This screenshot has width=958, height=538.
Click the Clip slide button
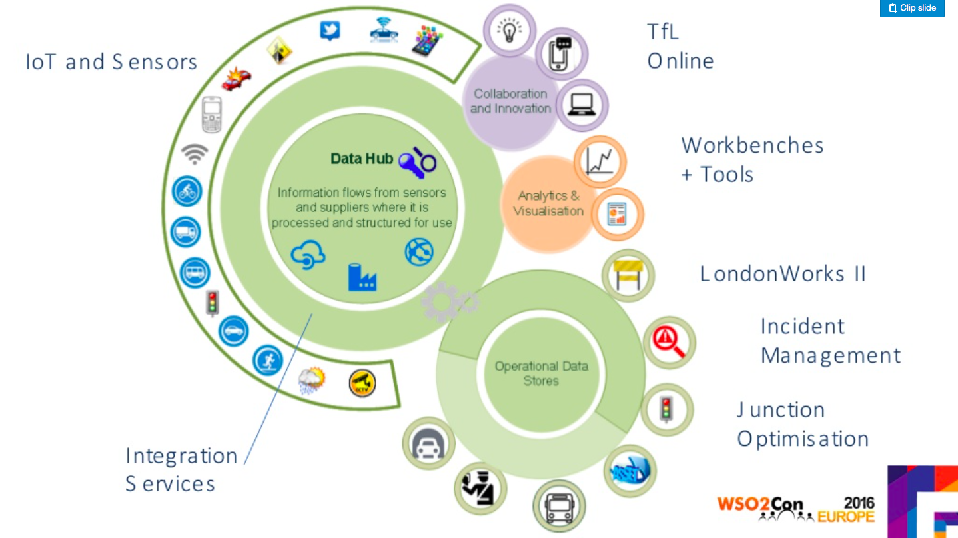point(912,8)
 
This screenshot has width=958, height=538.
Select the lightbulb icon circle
point(509,30)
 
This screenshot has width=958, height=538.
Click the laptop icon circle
point(582,105)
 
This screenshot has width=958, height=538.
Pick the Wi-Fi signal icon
point(194,154)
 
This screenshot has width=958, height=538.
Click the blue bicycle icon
point(187,191)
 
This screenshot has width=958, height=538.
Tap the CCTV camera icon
point(362,383)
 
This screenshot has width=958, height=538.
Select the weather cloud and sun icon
point(312,381)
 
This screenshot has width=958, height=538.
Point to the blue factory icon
point(362,277)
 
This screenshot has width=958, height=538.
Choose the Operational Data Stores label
point(541,373)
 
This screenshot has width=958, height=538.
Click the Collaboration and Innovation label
point(510,101)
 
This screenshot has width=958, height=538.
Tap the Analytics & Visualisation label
point(548,203)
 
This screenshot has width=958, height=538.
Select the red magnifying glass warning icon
point(669,343)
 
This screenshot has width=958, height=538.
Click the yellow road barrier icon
point(628,275)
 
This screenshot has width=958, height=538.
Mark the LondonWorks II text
point(783,274)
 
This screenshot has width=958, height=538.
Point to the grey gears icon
point(448,301)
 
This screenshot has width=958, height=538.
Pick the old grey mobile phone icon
point(212,114)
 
